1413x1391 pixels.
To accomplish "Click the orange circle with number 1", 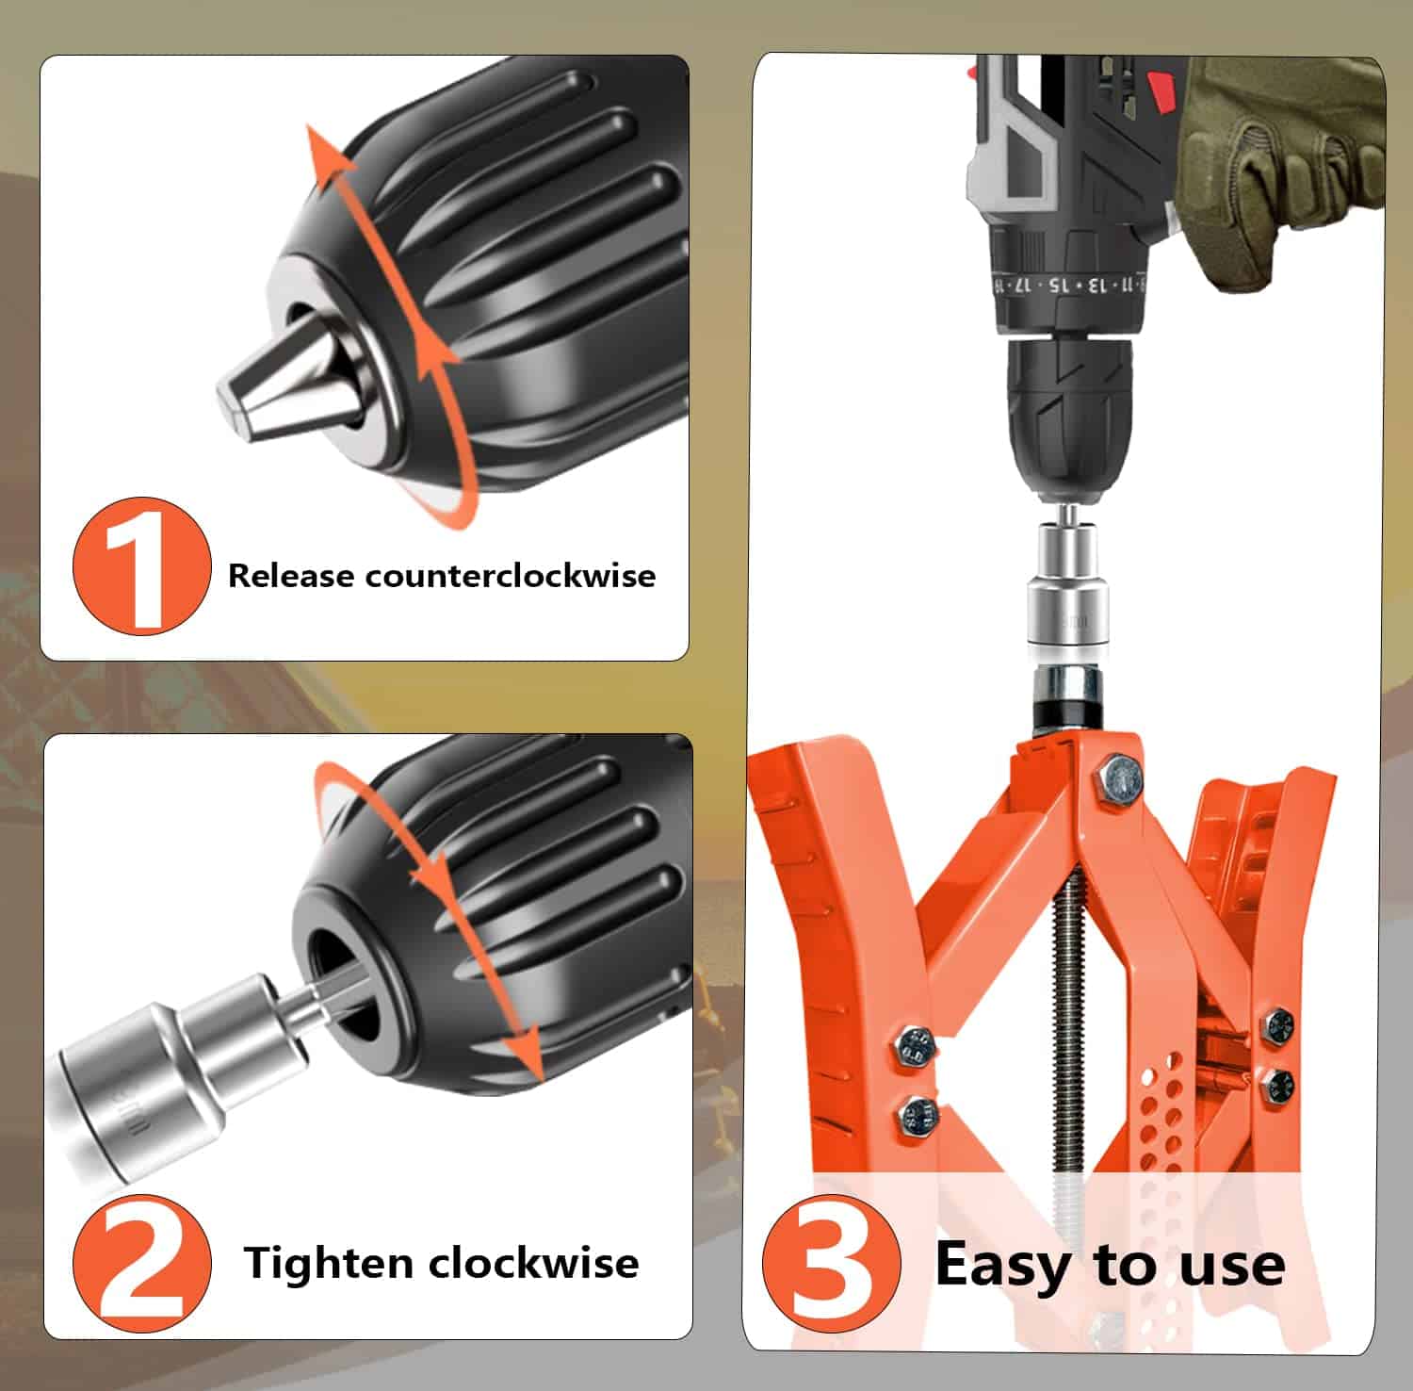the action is coord(141,566).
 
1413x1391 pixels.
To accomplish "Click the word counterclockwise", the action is coord(511,575).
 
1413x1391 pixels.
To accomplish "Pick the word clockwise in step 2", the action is coord(534,1263).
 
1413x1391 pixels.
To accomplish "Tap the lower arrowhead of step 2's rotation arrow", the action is coord(525,1056).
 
